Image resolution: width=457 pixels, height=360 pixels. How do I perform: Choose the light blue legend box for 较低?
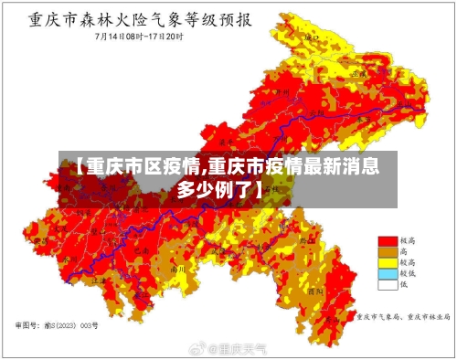click(x=388, y=273)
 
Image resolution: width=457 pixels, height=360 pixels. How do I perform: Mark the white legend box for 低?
click(x=388, y=284)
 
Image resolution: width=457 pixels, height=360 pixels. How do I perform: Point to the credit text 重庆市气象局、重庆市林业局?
click(x=403, y=318)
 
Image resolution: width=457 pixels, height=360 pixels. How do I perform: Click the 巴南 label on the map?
click(x=142, y=249)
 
